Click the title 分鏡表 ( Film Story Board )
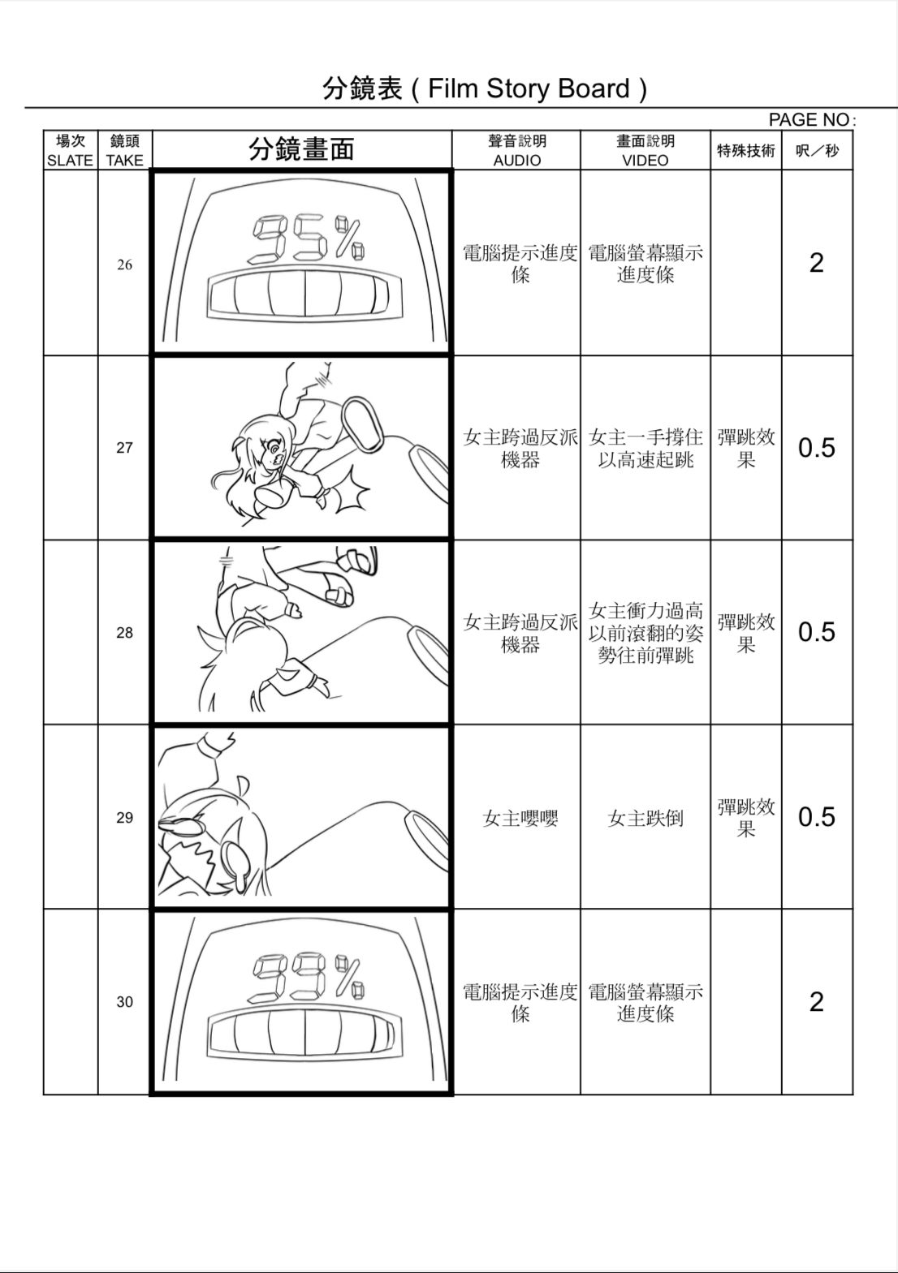[x=485, y=88]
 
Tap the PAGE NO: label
[x=811, y=119]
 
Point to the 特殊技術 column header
[x=745, y=150]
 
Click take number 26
[x=124, y=264]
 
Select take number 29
[x=124, y=818]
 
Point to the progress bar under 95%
[x=304, y=294]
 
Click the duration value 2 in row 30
[x=816, y=1002]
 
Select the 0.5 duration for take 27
[x=816, y=448]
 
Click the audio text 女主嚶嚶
[x=520, y=819]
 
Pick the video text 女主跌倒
[x=645, y=819]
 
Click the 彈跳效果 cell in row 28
[x=745, y=633]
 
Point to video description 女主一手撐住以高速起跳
[x=645, y=449]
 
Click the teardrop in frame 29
[x=241, y=862]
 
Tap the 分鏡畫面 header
[x=301, y=149]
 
